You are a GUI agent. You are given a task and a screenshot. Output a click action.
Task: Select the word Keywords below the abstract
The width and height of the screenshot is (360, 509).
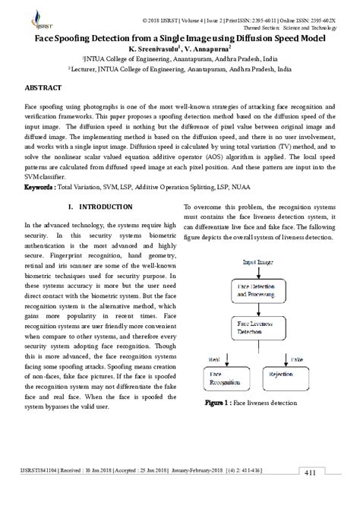(x=42, y=186)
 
